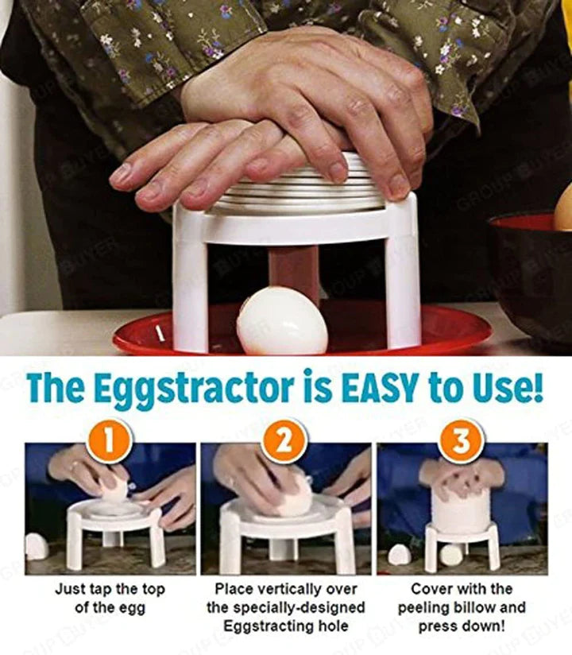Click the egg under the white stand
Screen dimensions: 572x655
click(282, 321)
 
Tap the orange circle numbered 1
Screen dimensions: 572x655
click(110, 441)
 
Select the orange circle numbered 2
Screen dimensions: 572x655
click(285, 441)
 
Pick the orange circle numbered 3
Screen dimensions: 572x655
click(462, 441)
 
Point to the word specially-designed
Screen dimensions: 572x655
click(299, 608)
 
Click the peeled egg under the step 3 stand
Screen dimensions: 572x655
click(451, 555)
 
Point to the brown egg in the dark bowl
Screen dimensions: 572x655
click(562, 214)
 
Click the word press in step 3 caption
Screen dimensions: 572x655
click(438, 626)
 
